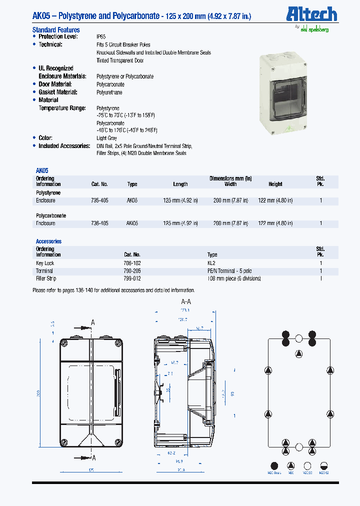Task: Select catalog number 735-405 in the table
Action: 99,200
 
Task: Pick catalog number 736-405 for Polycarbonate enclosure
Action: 99,223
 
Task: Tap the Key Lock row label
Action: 45,263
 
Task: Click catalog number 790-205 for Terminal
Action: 132,270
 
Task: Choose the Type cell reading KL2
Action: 212,263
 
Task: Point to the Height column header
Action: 275,184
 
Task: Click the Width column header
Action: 230,184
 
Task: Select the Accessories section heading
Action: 48,241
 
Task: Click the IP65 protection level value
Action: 101,36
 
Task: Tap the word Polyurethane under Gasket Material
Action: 109,92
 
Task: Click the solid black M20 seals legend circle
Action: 274,465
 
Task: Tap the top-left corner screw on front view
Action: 63,343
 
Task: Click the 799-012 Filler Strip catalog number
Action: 132,278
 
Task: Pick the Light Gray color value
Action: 106,138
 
